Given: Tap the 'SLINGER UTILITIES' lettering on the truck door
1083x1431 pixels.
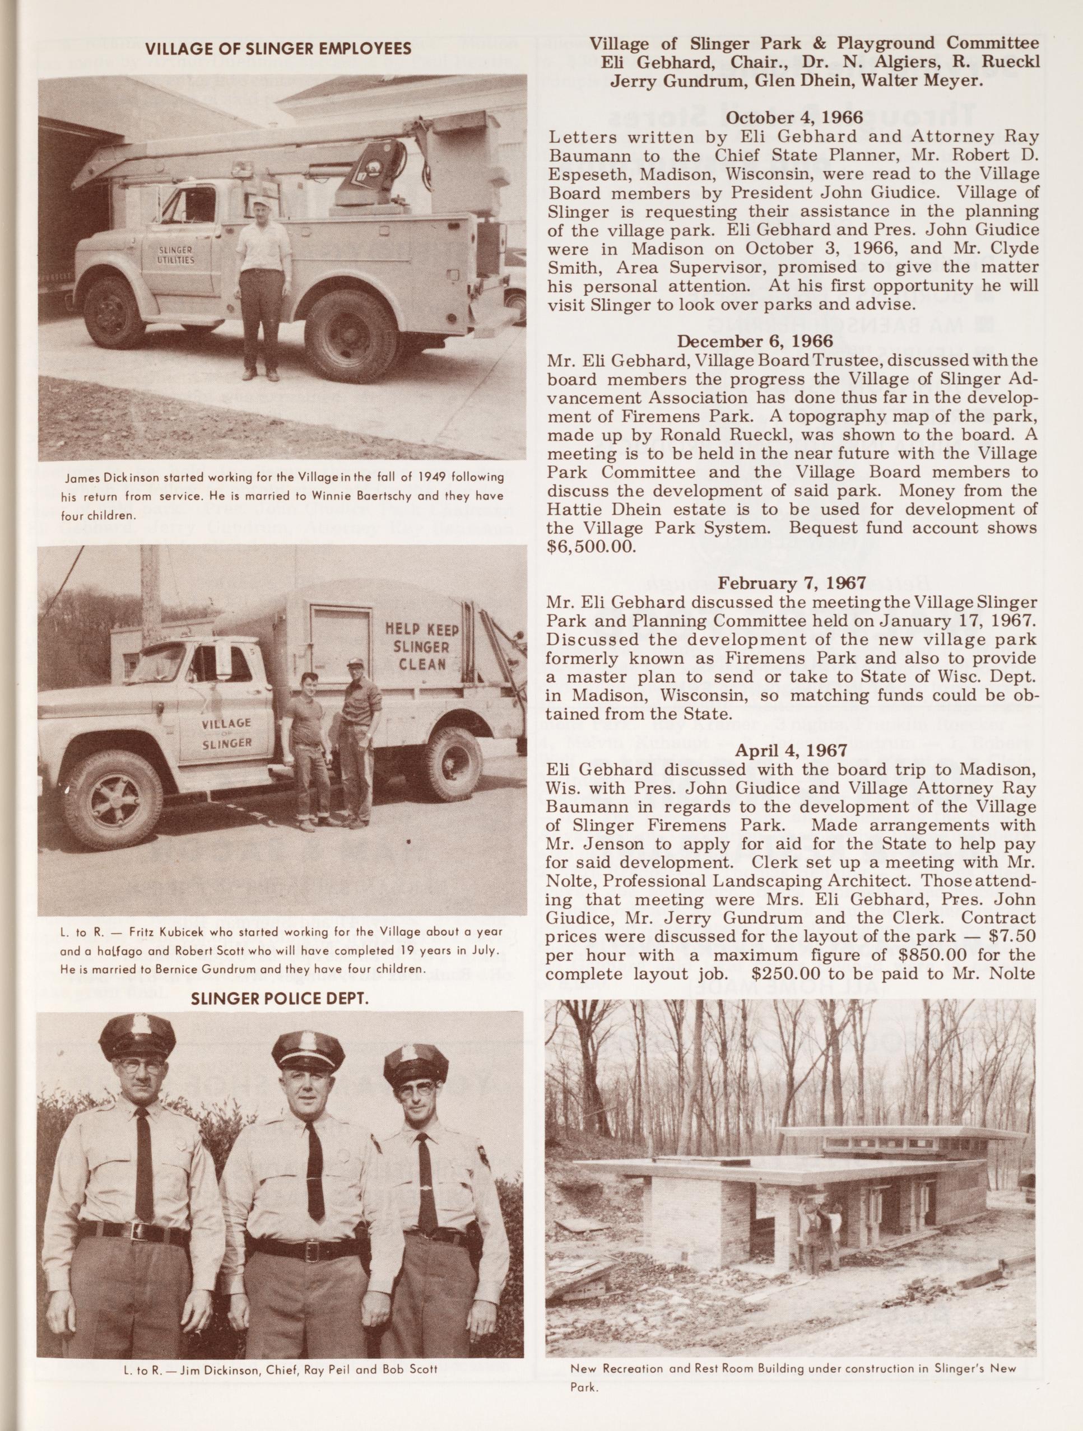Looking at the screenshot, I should [176, 255].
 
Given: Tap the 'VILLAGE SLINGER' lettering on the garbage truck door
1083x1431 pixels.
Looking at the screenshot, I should [226, 733].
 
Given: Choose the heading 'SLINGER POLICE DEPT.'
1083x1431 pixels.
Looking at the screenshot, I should [280, 998].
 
